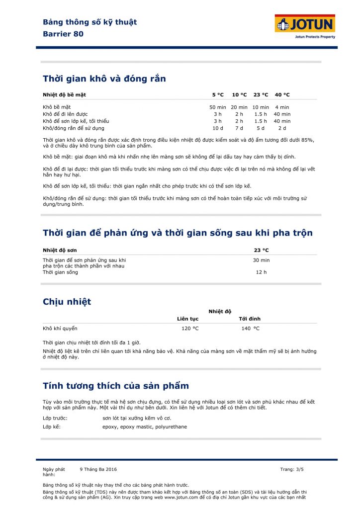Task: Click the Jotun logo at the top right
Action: click(305, 25)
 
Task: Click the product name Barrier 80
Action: click(63, 34)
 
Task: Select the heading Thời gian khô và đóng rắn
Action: click(104, 79)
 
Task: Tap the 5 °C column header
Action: click(218, 94)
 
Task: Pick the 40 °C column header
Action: click(282, 94)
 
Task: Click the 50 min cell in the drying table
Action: click(218, 107)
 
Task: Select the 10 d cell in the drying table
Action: click(218, 128)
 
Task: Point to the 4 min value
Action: click(282, 107)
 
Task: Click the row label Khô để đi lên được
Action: click(65, 114)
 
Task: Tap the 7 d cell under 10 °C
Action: click(239, 128)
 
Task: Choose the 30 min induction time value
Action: click(261, 260)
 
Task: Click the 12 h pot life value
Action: click(261, 272)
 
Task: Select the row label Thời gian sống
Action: click(60, 272)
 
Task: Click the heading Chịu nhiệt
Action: click(67, 302)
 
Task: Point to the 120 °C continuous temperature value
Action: click(189, 328)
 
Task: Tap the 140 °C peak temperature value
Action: click(250, 328)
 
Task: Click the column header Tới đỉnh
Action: click(250, 319)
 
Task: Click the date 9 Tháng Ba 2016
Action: click(98, 469)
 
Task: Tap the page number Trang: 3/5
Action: click(291, 469)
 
